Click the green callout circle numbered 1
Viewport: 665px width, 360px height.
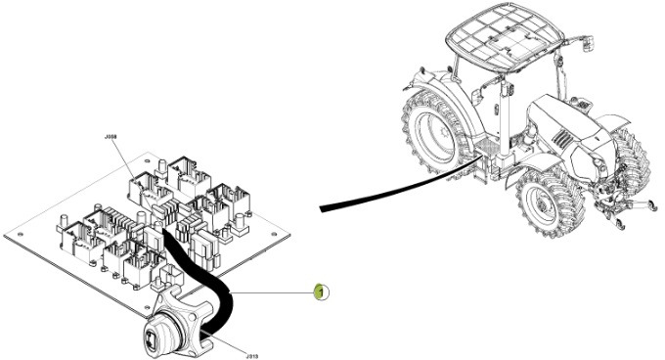pyautogui.click(x=318, y=291)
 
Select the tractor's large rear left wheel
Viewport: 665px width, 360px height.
pyautogui.click(x=435, y=131)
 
